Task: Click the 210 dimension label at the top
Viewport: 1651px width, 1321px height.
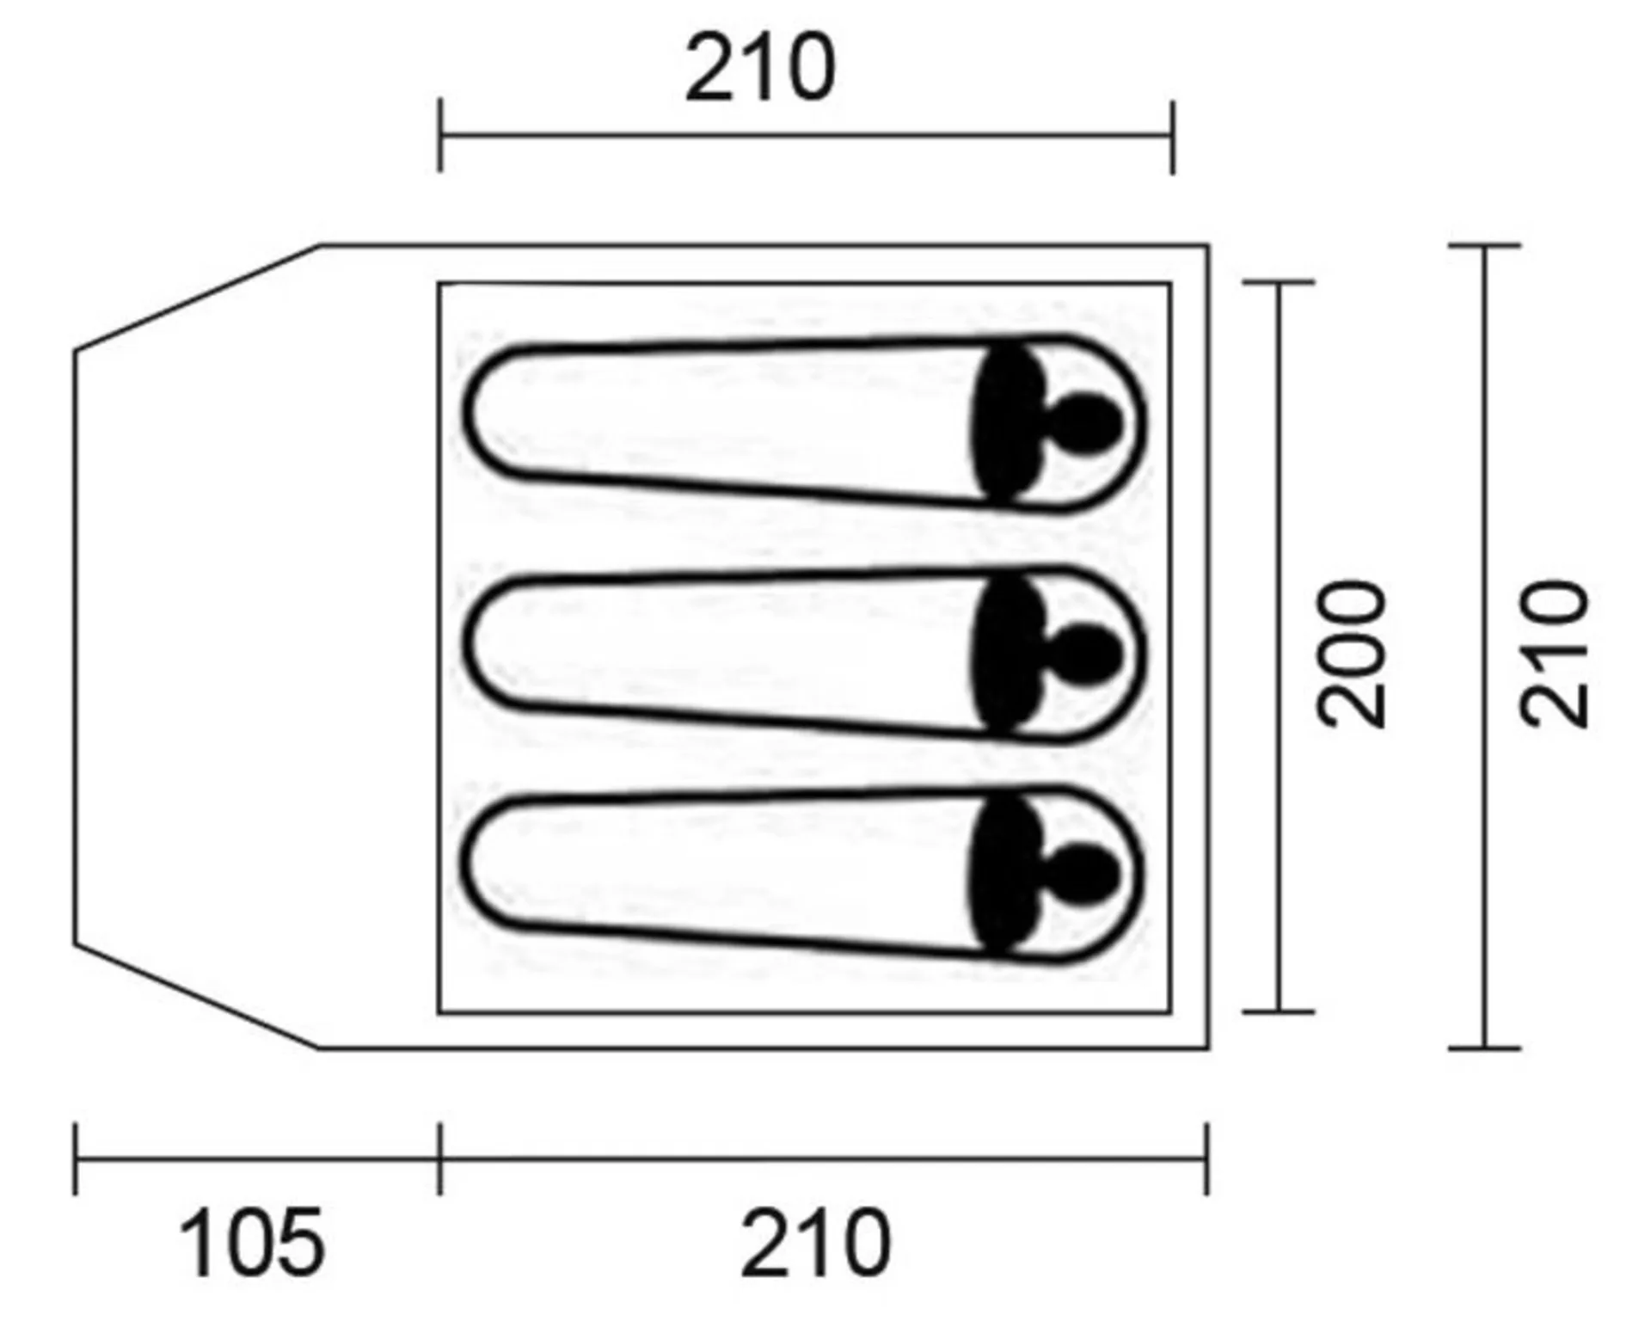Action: click(x=760, y=68)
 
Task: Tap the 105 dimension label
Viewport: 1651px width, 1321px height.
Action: click(x=253, y=1244)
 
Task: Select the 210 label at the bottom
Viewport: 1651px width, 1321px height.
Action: click(x=816, y=1244)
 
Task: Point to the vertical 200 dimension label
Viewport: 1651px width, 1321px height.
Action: click(x=1352, y=654)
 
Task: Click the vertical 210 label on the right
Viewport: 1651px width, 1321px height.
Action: click(x=1554, y=654)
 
